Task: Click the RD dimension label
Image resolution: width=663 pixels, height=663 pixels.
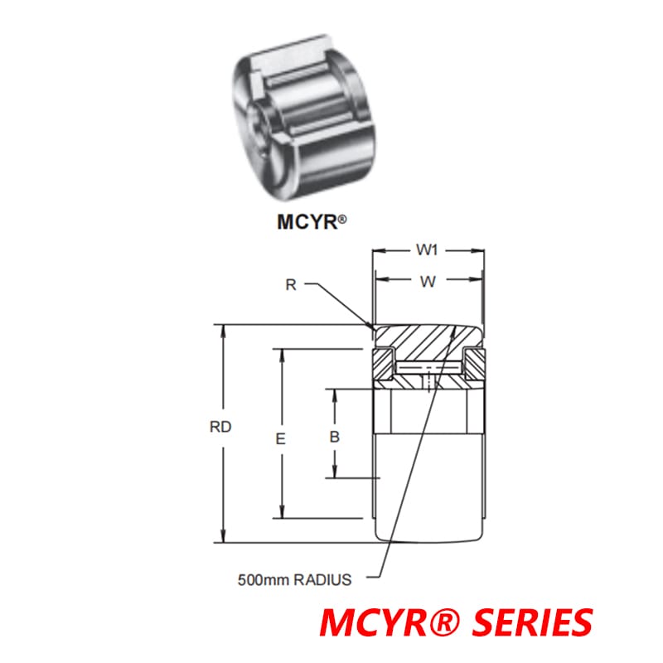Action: click(220, 428)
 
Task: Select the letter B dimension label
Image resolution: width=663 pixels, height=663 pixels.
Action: click(334, 436)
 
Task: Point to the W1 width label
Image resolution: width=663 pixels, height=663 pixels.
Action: click(427, 249)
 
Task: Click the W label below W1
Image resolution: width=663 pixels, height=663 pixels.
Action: click(427, 282)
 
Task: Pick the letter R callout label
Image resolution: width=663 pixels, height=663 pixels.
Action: click(291, 285)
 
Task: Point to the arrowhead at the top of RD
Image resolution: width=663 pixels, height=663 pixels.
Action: click(222, 328)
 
